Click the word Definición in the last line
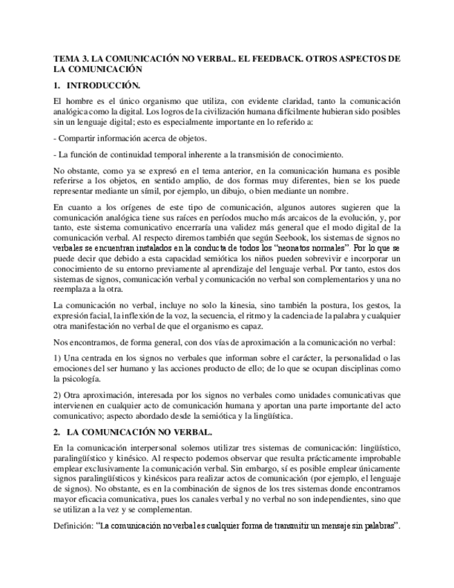coord(73,526)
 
